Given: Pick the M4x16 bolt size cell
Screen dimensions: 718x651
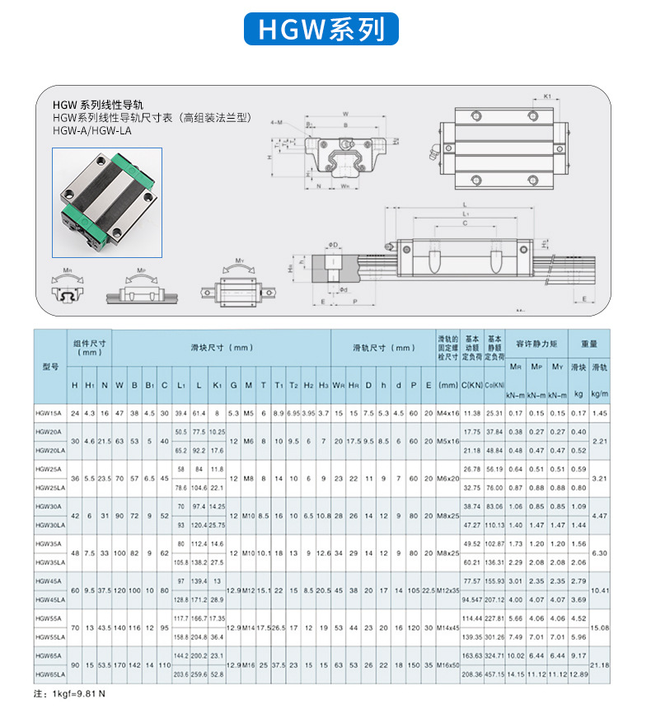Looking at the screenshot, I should pyautogui.click(x=449, y=413).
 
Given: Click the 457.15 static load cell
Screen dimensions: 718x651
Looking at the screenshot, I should pyautogui.click(x=495, y=673).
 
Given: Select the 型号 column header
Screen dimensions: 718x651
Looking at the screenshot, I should pyautogui.click(x=49, y=366).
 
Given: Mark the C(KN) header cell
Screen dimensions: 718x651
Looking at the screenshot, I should pyautogui.click(x=471, y=384).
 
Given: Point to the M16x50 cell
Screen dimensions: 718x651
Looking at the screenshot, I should pyautogui.click(x=449, y=664).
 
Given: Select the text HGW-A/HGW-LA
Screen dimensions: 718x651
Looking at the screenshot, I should pyautogui.click(x=91, y=130).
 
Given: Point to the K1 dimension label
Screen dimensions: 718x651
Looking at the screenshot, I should pyautogui.click(x=547, y=96).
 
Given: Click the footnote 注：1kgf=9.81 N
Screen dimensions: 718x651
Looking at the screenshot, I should pyautogui.click(x=69, y=693).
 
